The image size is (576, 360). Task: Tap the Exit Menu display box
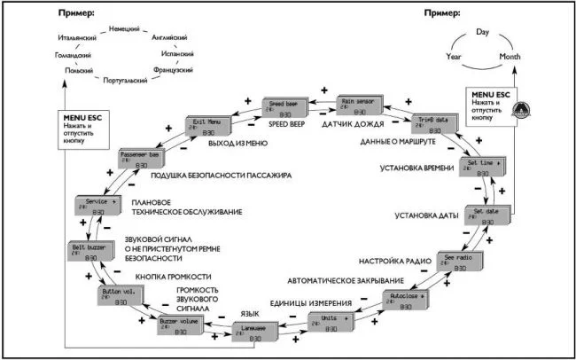208,124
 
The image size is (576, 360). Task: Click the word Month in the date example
509,56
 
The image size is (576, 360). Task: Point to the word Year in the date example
453,56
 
